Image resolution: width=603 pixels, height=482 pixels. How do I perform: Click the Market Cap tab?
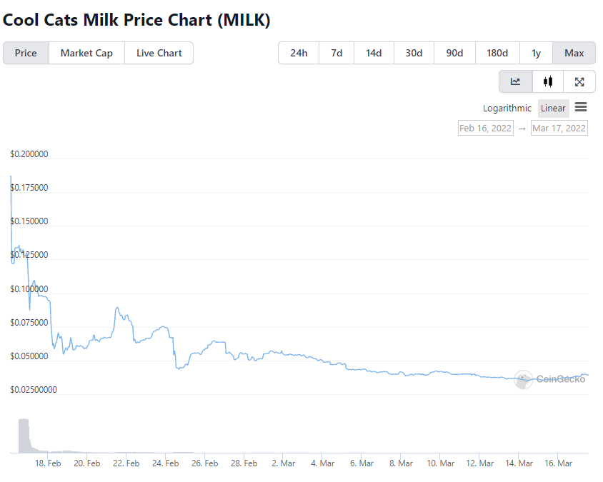point(86,53)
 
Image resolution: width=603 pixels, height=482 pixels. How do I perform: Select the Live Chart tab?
point(159,53)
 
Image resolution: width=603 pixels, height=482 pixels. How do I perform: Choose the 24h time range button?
point(299,53)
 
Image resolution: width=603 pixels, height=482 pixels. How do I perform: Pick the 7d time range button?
point(337,53)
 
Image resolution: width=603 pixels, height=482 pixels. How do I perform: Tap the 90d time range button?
point(454,53)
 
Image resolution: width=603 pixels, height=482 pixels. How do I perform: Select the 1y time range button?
point(536,53)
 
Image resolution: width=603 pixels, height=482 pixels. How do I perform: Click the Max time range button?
point(574,53)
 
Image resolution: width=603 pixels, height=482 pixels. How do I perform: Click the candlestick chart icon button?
point(548,81)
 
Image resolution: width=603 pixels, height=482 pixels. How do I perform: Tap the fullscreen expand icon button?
point(579,81)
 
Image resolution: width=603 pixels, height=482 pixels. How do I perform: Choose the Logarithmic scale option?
point(507,109)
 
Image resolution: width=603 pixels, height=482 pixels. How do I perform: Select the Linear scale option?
point(553,109)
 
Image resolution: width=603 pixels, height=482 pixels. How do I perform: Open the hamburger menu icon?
point(581,107)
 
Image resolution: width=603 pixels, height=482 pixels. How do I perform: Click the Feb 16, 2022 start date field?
point(486,129)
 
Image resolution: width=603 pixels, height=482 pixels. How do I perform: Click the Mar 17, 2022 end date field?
point(559,129)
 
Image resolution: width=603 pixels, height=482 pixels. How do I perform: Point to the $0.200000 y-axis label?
point(29,154)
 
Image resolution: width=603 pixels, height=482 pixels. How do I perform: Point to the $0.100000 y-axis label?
point(29,289)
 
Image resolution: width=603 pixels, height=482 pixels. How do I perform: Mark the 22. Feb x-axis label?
point(126,463)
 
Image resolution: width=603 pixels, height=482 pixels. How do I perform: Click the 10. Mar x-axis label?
point(441,463)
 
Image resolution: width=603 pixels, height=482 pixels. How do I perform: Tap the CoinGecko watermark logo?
point(550,379)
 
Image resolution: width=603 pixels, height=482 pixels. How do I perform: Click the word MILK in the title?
point(244,20)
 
